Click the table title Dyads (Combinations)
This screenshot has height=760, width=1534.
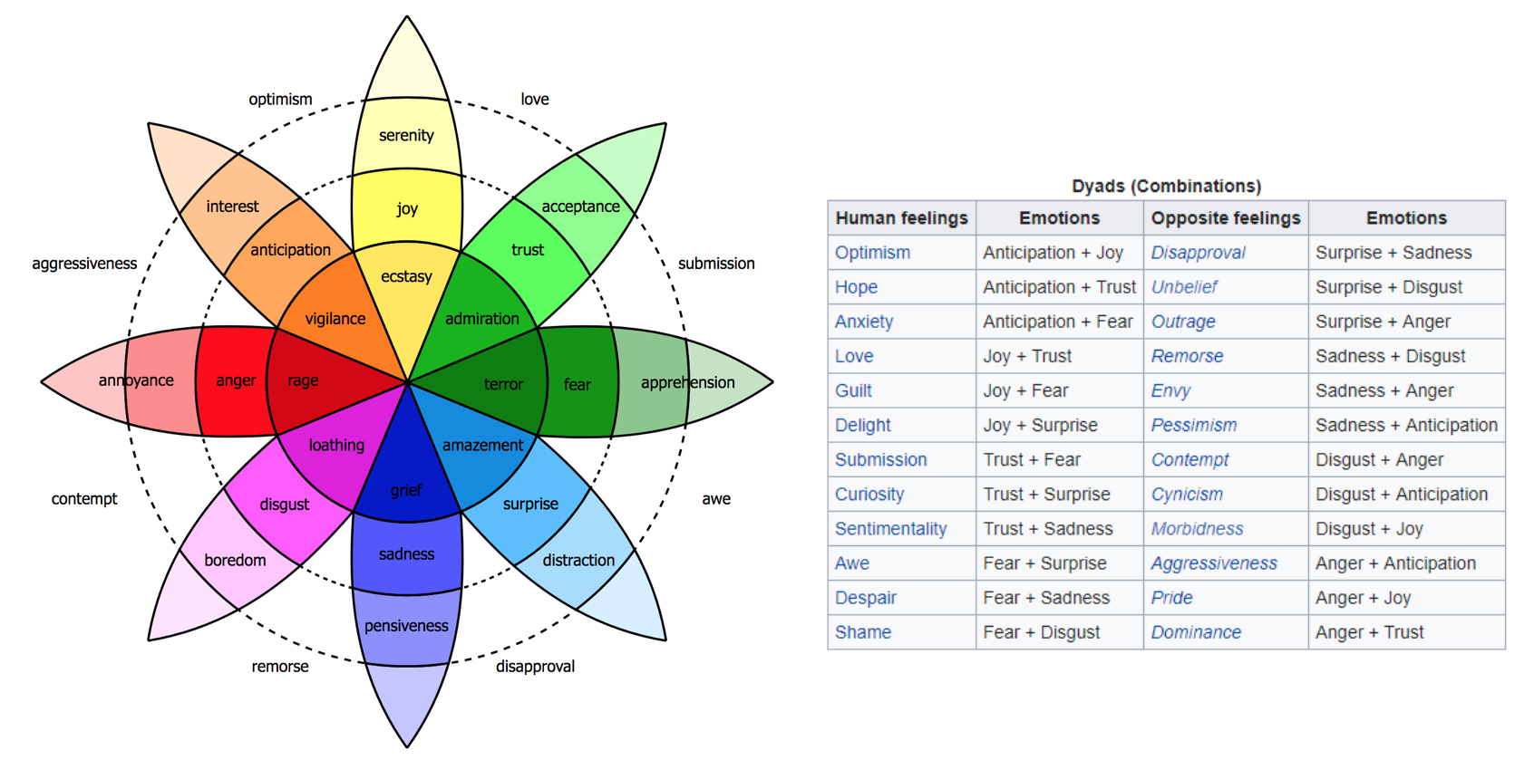[1166, 186]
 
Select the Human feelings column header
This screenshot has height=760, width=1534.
[901, 218]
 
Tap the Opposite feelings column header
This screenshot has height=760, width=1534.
[1225, 218]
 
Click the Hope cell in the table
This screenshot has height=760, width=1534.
[856, 287]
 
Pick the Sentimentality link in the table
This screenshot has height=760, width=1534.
[890, 529]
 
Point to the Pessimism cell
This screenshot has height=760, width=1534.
[1193, 425]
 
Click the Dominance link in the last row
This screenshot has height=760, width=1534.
[1195, 632]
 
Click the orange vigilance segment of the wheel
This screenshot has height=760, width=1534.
[335, 318]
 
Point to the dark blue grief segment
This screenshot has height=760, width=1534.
[406, 490]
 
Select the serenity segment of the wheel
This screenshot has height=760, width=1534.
[406, 135]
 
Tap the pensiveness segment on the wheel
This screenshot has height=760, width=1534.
[406, 626]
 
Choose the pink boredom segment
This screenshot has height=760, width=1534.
[235, 560]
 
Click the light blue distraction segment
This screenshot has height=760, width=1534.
[578, 560]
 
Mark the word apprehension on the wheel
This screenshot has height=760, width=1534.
[687, 382]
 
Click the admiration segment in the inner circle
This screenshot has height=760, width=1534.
[481, 318]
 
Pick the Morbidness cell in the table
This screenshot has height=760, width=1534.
[1197, 529]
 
